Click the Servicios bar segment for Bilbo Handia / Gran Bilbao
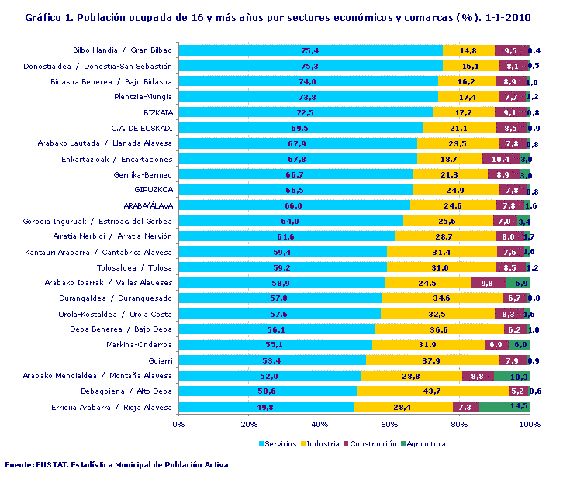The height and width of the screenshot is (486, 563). click(310, 50)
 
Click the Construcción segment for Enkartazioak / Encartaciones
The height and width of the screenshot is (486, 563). click(500, 159)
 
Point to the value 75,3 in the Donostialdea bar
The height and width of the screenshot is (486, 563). click(310, 66)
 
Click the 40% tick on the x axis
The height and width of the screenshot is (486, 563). click(319, 424)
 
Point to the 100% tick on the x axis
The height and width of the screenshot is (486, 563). click(530, 424)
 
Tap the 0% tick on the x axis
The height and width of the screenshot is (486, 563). click(178, 424)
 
